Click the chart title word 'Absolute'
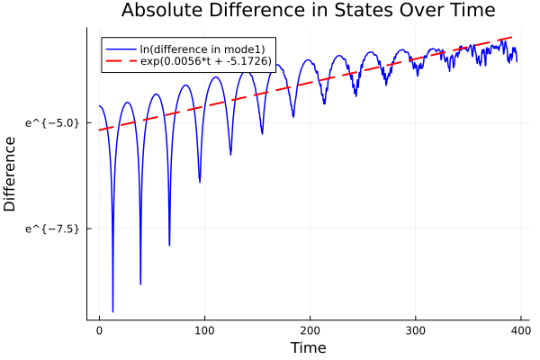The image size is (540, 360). click(157, 11)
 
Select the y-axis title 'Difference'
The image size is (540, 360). click(11, 174)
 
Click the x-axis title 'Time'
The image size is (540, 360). click(308, 347)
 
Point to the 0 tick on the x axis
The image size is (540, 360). click(100, 330)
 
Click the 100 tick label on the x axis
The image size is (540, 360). click(205, 330)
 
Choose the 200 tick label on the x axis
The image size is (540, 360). click(310, 330)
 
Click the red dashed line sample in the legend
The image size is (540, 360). click(119, 61)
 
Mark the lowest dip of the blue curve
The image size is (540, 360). click(112, 311)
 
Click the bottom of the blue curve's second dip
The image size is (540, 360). click(140, 283)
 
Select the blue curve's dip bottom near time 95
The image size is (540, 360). click(200, 182)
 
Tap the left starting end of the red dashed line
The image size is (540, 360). click(100, 130)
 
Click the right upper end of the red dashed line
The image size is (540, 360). click(513, 37)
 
